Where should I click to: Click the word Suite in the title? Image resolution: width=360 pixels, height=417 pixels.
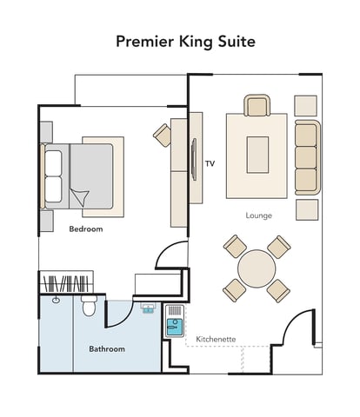pyautogui.click(x=237, y=42)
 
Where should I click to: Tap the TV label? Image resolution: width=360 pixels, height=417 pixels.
pyautogui.click(x=210, y=164)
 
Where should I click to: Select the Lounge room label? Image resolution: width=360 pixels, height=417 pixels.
pyautogui.click(x=259, y=215)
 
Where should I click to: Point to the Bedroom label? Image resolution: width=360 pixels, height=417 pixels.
pyautogui.click(x=86, y=229)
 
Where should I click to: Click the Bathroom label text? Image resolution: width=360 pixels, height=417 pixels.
pyautogui.click(x=107, y=349)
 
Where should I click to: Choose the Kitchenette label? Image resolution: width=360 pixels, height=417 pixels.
pyautogui.click(x=216, y=339)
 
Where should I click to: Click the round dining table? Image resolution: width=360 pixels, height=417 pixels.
pyautogui.click(x=257, y=268)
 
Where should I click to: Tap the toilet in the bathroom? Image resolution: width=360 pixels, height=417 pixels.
pyautogui.click(x=89, y=306)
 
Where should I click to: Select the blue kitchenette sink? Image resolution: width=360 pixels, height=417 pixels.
pyautogui.click(x=175, y=327)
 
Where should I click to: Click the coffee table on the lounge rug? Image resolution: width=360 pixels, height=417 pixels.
pyautogui.click(x=257, y=155)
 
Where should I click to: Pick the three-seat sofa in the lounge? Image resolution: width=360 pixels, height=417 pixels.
pyautogui.click(x=308, y=157)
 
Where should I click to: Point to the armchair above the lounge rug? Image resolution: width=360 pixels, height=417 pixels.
pyautogui.click(x=257, y=105)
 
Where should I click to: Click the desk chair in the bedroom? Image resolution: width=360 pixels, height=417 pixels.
pyautogui.click(x=163, y=136)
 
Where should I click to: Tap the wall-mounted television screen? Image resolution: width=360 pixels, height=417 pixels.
pyautogui.click(x=194, y=159)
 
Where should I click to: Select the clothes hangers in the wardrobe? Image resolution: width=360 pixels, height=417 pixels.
pyautogui.click(x=66, y=283)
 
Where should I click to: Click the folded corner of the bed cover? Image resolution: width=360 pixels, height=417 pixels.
pyautogui.click(x=80, y=197)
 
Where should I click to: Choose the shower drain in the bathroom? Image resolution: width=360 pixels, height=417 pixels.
pyautogui.click(x=56, y=301)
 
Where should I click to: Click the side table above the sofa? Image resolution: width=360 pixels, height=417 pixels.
pyautogui.click(x=306, y=106)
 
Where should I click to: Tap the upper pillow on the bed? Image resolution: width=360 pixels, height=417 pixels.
pyautogui.click(x=54, y=163)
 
